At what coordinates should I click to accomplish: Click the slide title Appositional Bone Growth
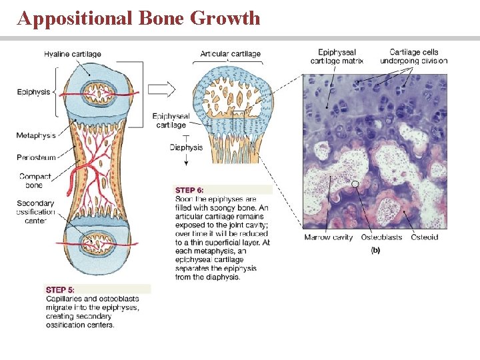[x=139, y=18]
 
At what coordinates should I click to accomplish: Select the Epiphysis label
[x=33, y=92]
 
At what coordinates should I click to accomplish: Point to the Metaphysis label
[x=36, y=135]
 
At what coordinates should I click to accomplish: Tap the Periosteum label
[x=36, y=157]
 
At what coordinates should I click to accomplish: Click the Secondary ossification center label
[x=36, y=212]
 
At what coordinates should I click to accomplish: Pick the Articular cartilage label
[x=230, y=53]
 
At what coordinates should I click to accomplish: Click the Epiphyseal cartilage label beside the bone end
[x=171, y=120]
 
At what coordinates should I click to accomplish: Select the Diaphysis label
[x=186, y=147]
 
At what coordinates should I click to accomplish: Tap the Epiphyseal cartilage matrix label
[x=337, y=56]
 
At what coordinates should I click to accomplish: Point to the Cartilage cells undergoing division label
[x=414, y=56]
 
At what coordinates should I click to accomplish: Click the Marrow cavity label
[x=328, y=237]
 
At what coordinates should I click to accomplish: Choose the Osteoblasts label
[x=381, y=237]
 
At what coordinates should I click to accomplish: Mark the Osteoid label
[x=425, y=237]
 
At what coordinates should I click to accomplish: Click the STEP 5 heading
[x=60, y=289]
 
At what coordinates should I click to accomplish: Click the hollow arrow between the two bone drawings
[x=161, y=89]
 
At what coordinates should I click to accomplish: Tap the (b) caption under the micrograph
[x=375, y=250]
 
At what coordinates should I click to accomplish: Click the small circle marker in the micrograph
[x=356, y=183]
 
